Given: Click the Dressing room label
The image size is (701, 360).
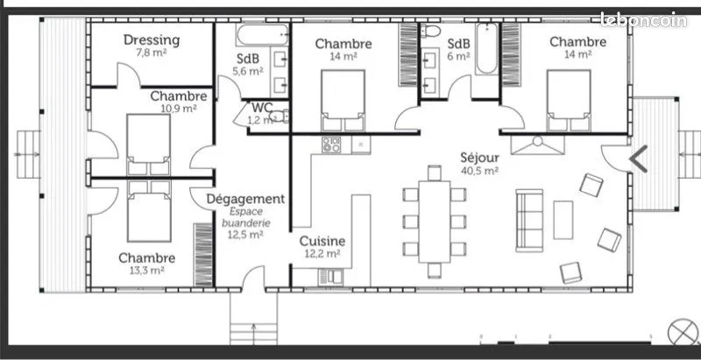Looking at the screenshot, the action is (152, 40).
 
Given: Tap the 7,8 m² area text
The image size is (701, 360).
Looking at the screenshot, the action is (152, 53).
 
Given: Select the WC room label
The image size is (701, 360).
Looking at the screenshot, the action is (262, 108).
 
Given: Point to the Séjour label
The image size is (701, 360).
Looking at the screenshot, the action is (479, 158).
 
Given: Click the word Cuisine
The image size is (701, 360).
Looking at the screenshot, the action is (322, 241).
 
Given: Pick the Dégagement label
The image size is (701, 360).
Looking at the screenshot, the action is (245, 199).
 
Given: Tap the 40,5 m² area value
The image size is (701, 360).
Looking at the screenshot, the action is (479, 170).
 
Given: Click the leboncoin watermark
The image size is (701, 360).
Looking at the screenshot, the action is (643, 19).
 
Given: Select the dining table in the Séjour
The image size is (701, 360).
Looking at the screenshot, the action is (434, 222).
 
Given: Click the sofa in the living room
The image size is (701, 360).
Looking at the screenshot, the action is (529, 221).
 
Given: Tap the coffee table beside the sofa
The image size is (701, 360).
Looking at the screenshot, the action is (563, 220).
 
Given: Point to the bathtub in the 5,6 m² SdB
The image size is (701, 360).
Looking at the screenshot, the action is (262, 35).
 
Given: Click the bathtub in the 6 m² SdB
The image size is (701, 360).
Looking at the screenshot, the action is (486, 48).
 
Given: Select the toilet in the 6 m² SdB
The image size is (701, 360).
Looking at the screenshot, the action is (431, 31).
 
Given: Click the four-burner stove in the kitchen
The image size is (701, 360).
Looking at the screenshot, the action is (331, 145).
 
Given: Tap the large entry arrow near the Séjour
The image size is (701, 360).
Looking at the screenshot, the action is (639, 159).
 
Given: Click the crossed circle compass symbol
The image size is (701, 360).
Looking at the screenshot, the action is (683, 331).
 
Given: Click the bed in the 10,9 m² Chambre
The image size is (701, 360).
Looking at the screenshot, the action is (148, 145).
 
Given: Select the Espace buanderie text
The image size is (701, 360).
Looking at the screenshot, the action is (246, 217).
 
